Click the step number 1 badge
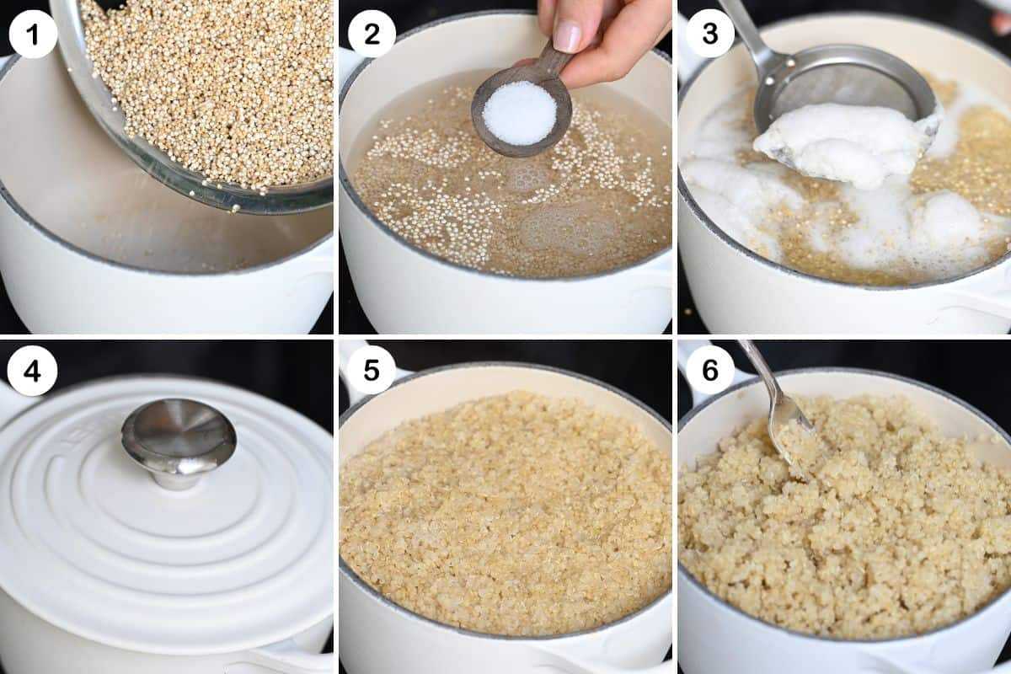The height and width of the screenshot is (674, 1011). (x=33, y=34)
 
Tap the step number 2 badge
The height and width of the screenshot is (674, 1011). (x=372, y=34)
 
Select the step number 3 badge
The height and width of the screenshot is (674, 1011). (x=710, y=34)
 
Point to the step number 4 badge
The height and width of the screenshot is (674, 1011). (x=33, y=372)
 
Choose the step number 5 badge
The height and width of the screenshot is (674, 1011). (x=372, y=372)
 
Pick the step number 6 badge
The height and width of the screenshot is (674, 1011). (x=710, y=372)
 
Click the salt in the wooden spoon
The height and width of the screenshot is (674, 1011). (x=520, y=113)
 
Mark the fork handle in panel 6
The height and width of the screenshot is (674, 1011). (x=762, y=375)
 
